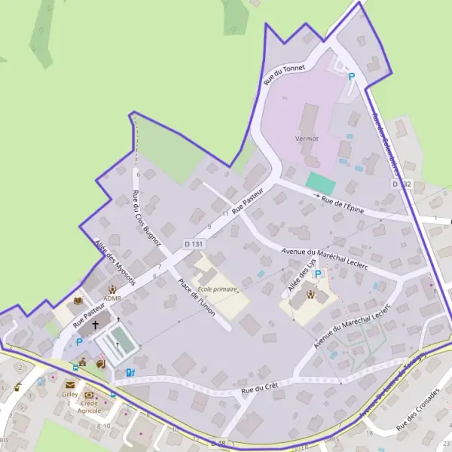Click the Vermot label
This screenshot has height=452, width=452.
pos(307,139)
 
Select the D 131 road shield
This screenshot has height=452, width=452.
pos(194,244)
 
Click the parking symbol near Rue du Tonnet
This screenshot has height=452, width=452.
pos(350,76)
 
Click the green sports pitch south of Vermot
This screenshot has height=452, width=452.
pos(322,183)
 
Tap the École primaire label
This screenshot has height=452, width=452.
pos(218,289)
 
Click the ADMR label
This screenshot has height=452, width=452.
pos(112,298)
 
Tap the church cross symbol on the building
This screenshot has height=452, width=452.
pos(95,326)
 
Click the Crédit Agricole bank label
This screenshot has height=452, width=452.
pos(90,406)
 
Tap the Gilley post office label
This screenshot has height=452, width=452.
pos(70,394)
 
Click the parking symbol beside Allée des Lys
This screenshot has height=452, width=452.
pos(318,274)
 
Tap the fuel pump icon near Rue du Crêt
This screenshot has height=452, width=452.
pos(130,372)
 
